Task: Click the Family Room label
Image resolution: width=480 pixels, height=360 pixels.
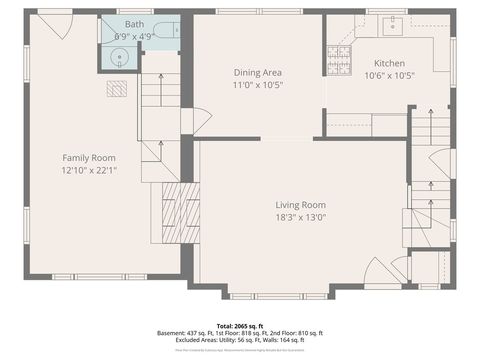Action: pyautogui.click(x=88, y=157)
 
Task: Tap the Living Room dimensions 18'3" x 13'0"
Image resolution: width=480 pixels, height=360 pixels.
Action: pyautogui.click(x=301, y=217)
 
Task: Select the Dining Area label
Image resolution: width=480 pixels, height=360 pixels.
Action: pyautogui.click(x=257, y=72)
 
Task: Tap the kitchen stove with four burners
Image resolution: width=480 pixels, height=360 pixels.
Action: pyautogui.click(x=338, y=60)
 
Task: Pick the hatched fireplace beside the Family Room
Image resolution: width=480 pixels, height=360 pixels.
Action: pyautogui.click(x=172, y=207)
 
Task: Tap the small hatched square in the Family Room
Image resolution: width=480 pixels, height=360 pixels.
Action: pyautogui.click(x=118, y=88)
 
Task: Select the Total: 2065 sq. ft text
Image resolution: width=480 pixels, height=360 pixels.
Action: pyautogui.click(x=240, y=326)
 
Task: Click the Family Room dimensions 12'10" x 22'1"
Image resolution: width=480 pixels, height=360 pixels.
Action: pyautogui.click(x=88, y=170)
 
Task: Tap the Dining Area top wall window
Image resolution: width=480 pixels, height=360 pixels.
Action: pyautogui.click(x=258, y=11)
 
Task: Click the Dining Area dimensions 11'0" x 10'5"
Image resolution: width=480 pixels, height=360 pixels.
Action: pyautogui.click(x=257, y=85)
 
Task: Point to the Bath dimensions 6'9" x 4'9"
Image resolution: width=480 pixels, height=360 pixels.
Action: pyautogui.click(x=133, y=36)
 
